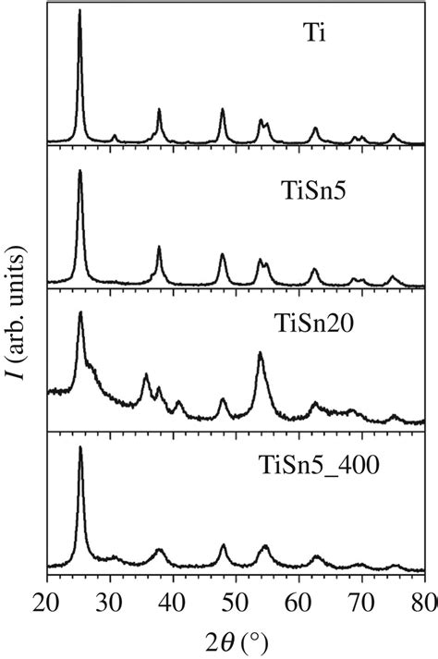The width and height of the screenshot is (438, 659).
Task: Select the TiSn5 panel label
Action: click(x=312, y=191)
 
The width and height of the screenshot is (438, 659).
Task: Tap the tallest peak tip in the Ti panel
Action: click(x=80, y=11)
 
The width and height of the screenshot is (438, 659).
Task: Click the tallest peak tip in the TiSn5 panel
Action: click(x=80, y=170)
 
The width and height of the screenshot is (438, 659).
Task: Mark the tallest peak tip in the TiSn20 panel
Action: click(x=81, y=312)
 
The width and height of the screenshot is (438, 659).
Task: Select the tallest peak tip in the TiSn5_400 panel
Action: click(x=80, y=447)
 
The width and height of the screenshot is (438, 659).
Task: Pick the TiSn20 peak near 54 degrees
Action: click(x=260, y=353)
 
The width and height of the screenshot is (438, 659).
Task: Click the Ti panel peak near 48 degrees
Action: click(x=223, y=110)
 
